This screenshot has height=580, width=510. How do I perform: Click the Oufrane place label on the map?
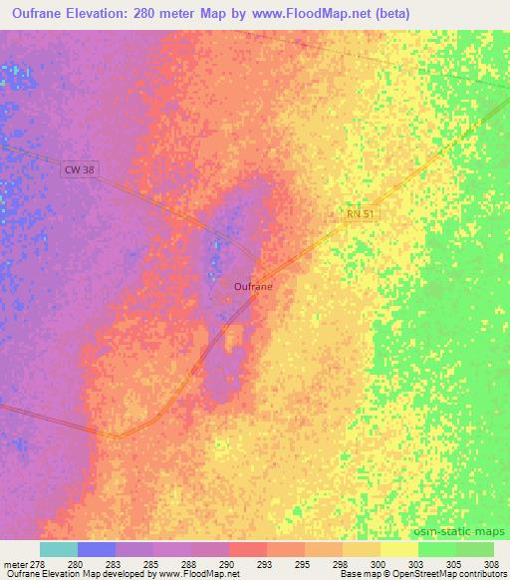click(253, 286)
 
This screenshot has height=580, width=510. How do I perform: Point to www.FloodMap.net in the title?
click(310, 15)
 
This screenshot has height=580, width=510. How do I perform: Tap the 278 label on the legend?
click(39, 564)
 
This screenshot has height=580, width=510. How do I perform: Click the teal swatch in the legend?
click(58, 549)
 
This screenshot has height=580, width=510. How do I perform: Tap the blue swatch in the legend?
click(96, 549)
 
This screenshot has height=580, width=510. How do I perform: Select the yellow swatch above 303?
click(398, 549)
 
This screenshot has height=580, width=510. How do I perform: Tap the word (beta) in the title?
click(389, 15)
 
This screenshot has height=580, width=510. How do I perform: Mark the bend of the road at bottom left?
click(118, 435)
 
